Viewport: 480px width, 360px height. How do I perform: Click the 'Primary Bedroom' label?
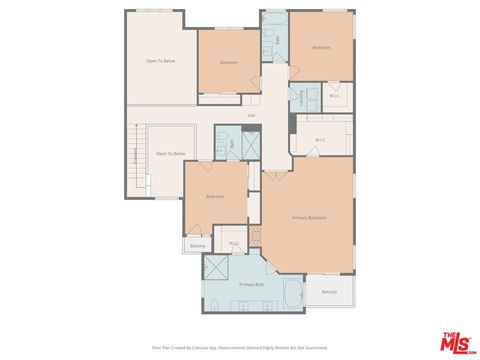pyautogui.click(x=309, y=217)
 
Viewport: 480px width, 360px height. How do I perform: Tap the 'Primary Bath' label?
pyautogui.click(x=251, y=284)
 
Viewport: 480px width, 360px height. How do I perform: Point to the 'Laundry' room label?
pyautogui.click(x=300, y=97)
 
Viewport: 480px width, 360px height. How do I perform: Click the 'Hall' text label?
pyautogui.click(x=251, y=115)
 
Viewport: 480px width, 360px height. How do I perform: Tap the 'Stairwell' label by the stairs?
pyautogui.click(x=135, y=157)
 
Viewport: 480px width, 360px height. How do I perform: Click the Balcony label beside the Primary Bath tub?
pyautogui.click(x=329, y=292)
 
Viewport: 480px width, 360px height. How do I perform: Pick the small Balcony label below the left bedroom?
pyautogui.click(x=197, y=245)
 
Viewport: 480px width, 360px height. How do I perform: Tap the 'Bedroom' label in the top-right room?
pyautogui.click(x=321, y=47)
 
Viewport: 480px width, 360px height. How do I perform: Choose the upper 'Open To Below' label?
pyautogui.click(x=160, y=61)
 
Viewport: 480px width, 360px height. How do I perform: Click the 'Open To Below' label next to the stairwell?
pyautogui.click(x=170, y=154)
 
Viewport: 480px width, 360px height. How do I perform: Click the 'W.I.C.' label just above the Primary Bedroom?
pyautogui.click(x=320, y=139)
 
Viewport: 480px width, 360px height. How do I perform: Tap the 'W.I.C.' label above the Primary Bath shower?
pyautogui.click(x=233, y=243)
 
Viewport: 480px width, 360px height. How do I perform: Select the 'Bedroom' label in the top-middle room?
pyautogui.click(x=229, y=62)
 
